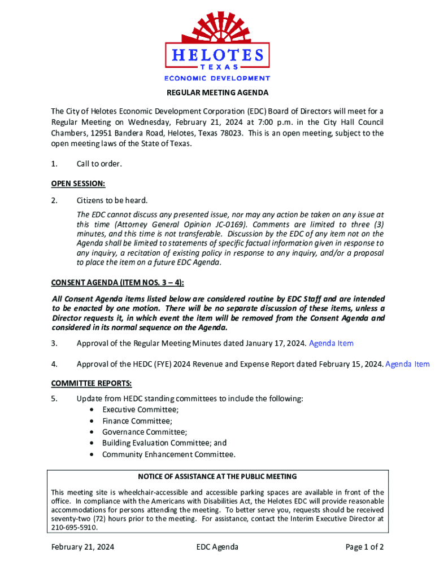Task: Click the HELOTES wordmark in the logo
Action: pos(217,55)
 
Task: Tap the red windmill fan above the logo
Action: pos(217,25)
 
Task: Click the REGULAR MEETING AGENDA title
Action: pos(217,93)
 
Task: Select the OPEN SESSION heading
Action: pos(78,183)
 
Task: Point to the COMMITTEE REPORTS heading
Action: pos(92,383)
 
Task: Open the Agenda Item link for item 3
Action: pos(331,343)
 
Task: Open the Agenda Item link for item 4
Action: pos(407,364)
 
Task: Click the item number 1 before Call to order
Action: pos(54,164)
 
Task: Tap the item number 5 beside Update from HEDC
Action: pos(54,399)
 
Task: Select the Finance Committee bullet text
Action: pos(137,421)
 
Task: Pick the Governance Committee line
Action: pos(145,432)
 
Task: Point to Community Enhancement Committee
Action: pos(168,454)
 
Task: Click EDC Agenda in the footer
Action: pos(217,547)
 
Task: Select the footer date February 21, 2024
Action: pos(82,547)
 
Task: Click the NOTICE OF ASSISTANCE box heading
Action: pos(217,477)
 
